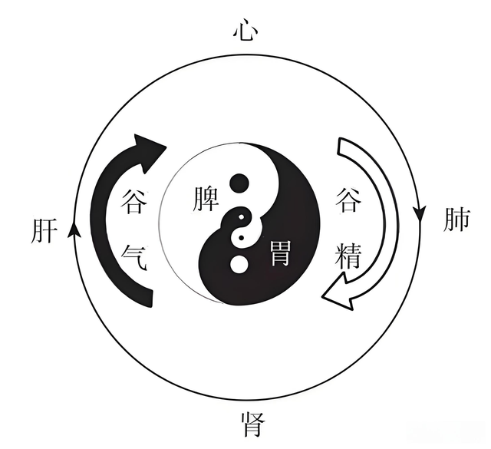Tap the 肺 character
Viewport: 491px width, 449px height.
click(457, 220)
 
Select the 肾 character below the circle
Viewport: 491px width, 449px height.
click(253, 424)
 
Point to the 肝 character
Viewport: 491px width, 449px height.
click(44, 230)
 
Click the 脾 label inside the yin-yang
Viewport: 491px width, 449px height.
click(205, 199)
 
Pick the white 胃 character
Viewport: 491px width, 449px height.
click(279, 253)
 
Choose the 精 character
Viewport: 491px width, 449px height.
click(348, 256)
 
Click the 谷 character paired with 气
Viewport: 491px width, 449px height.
click(134, 201)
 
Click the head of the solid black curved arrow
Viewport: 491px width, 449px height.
click(150, 151)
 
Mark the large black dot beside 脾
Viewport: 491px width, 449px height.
click(239, 183)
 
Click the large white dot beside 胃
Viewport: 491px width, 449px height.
click(239, 264)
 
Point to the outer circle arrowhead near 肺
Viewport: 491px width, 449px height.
click(420, 214)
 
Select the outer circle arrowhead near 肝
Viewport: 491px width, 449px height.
click(74, 229)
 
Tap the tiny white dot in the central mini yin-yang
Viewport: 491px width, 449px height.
click(241, 216)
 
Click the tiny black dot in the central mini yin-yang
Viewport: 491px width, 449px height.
click(241, 238)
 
